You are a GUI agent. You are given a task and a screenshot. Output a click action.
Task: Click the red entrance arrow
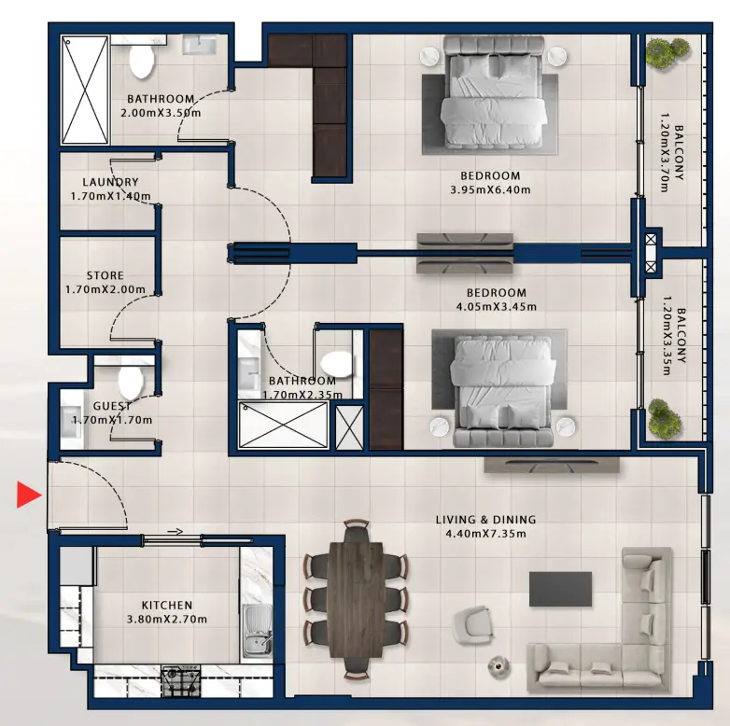point(29,496)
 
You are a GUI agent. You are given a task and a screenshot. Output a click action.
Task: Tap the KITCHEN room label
point(166,606)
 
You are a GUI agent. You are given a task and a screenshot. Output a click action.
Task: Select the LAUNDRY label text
point(110,182)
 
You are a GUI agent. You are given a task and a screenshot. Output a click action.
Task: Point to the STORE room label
point(105,276)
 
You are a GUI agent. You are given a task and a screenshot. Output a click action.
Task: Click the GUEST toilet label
point(112,407)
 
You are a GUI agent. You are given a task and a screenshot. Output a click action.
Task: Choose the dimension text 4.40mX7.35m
point(484,534)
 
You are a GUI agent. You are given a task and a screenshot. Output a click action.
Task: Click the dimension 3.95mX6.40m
point(490,190)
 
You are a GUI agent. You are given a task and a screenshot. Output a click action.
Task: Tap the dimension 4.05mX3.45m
point(490,306)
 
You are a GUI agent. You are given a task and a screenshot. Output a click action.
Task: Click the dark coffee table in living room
point(560,589)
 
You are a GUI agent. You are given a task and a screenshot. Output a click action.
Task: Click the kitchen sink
point(255,628)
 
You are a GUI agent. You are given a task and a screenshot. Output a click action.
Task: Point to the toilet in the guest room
point(130,381)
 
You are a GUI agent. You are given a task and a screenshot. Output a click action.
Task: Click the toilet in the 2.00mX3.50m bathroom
point(142,61)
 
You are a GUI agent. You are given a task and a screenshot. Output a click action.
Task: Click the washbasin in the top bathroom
point(199,44)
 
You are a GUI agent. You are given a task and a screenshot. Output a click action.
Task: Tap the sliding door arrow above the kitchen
point(175,532)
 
